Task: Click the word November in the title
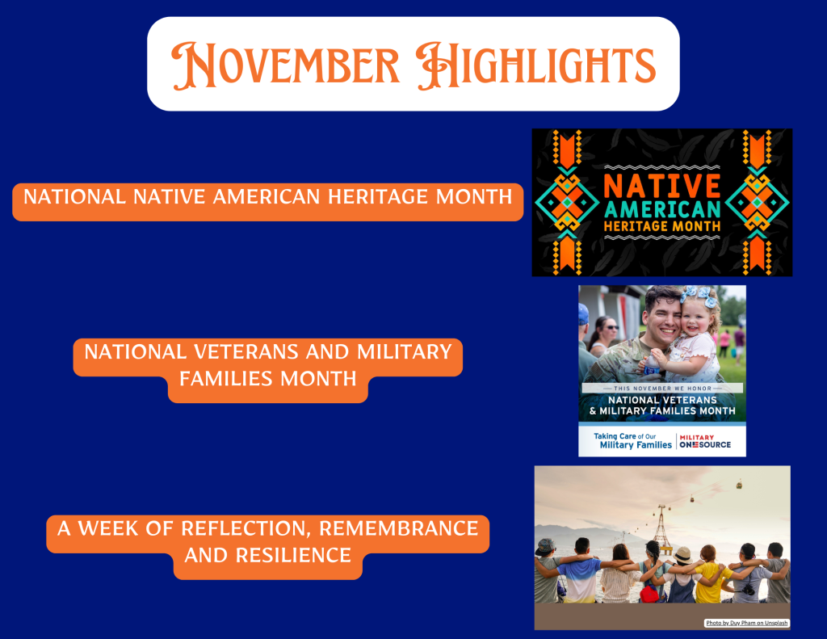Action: point(285,65)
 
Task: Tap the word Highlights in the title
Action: point(535,65)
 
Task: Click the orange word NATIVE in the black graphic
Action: point(662,186)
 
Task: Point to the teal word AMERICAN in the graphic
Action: point(662,209)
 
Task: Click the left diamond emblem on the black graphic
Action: point(567,203)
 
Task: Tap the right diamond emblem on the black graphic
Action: point(757,203)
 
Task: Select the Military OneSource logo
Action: point(705,441)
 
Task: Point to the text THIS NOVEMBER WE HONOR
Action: point(662,389)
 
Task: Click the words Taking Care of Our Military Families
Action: point(633,440)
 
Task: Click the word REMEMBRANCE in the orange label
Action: point(399,528)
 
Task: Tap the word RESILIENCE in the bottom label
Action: point(293,556)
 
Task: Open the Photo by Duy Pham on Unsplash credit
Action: point(747,623)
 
